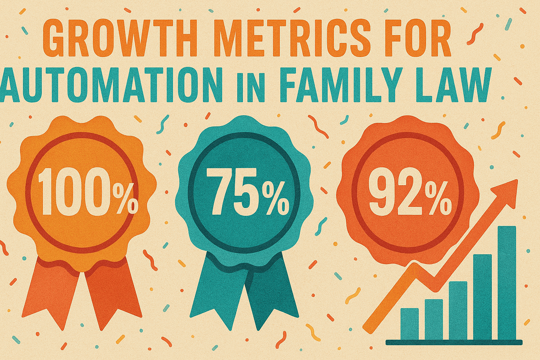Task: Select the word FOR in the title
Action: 415,39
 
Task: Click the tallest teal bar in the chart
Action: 507,281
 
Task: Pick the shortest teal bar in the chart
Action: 410,323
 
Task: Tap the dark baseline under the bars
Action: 454,342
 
